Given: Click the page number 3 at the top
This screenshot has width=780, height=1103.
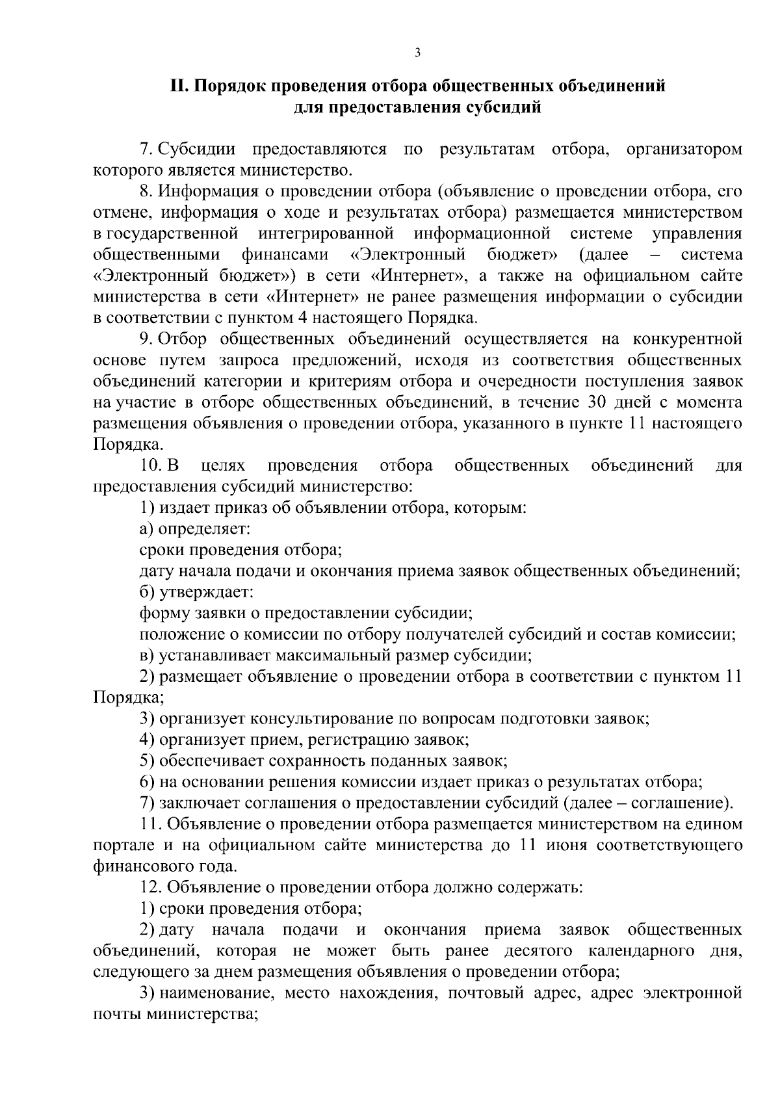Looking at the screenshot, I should coord(417,53).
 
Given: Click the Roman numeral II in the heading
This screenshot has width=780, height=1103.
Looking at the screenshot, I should coord(178,86).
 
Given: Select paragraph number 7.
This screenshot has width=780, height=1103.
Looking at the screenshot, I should coord(146,149).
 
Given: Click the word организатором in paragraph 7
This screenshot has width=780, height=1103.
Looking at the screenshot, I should coord(684,149).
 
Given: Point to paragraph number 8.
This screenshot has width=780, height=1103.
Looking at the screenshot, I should coord(146,192).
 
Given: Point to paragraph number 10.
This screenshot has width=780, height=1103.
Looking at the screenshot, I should coord(148,465).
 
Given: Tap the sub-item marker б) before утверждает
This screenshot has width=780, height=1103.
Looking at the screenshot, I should coord(147,592).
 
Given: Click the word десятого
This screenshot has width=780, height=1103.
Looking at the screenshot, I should coord(536,951).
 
